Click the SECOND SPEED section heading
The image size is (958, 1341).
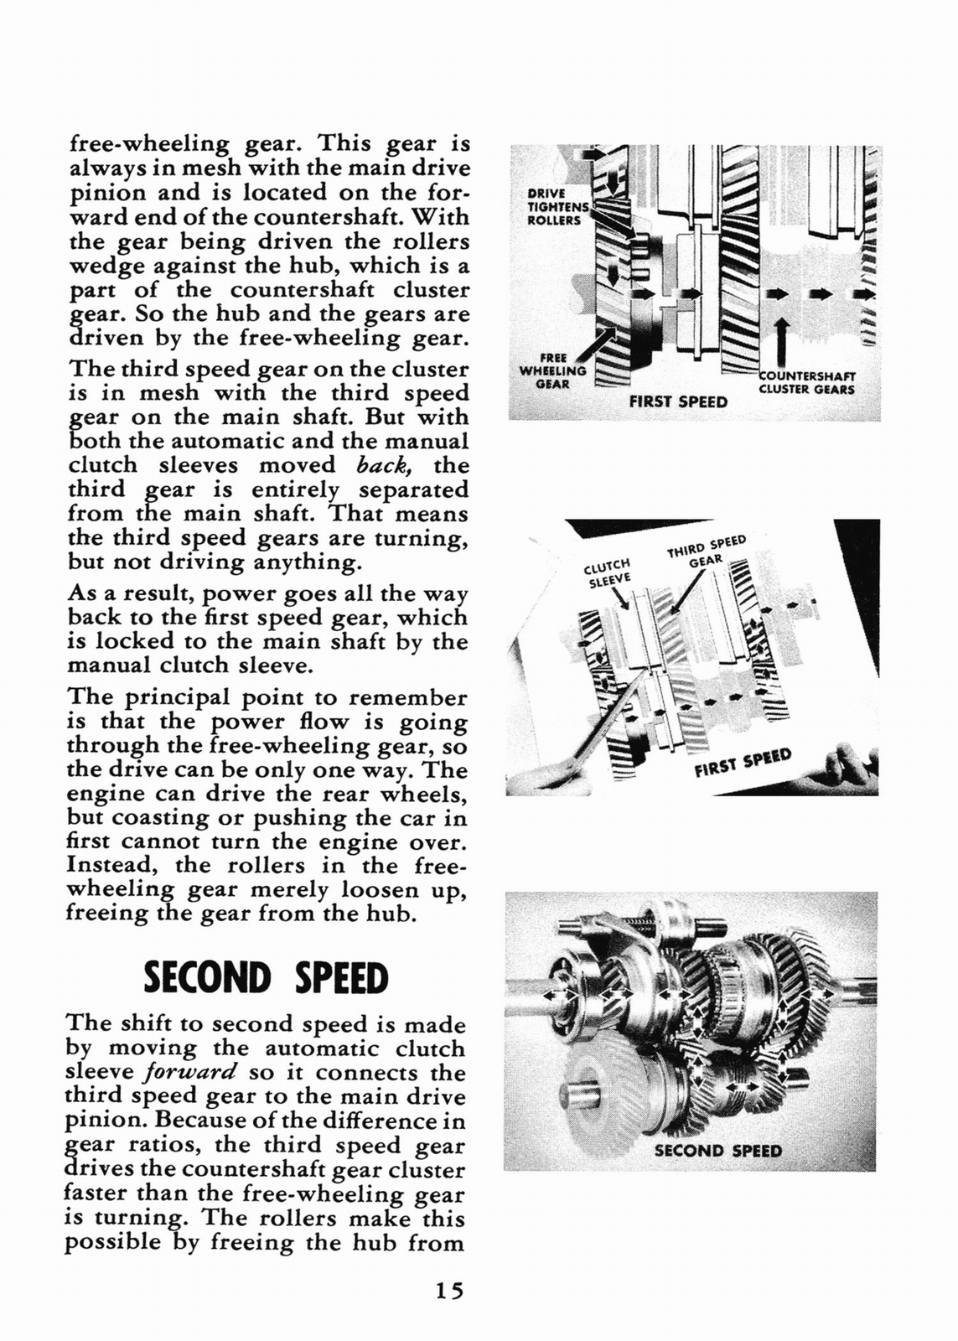coord(266,978)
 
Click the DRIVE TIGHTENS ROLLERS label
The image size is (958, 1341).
coord(554,206)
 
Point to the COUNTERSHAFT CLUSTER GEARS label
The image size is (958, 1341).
coord(806,382)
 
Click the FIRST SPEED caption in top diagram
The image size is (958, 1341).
coord(678,401)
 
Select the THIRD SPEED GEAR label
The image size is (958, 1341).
coord(706,550)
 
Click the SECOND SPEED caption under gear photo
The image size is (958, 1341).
coord(717,1151)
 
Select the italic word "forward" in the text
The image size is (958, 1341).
coord(191,1072)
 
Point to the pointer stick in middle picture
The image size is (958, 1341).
coord(587,738)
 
